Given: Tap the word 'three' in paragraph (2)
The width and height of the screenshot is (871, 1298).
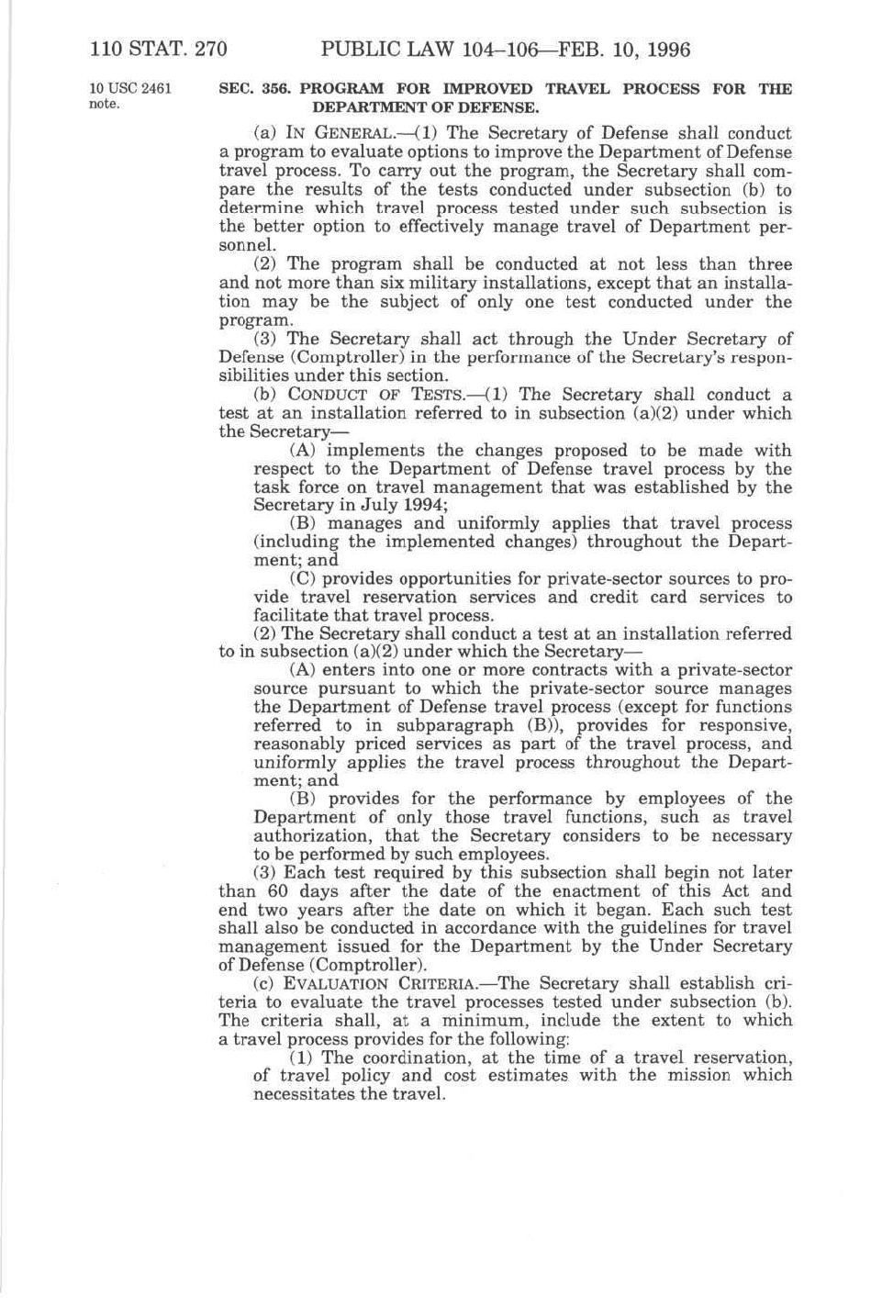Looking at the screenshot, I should point(768,264).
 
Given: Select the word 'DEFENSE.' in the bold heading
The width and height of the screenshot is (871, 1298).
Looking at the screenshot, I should point(490,106).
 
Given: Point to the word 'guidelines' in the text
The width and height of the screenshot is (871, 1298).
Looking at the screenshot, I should point(627,928).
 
